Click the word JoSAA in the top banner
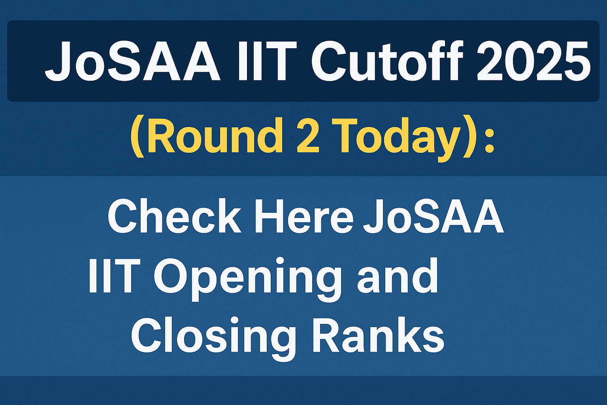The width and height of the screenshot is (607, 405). (x=133, y=61)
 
